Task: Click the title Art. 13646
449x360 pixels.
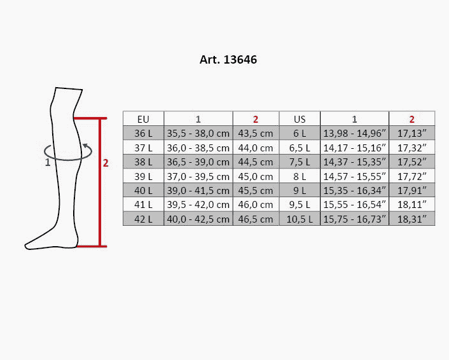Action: click(228, 60)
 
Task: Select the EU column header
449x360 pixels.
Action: click(143, 119)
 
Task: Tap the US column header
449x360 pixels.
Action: click(300, 119)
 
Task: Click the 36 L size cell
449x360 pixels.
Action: click(143, 133)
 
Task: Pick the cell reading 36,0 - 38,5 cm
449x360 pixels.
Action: click(198, 148)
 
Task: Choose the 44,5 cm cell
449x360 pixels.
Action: click(256, 162)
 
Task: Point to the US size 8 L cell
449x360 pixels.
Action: click(300, 176)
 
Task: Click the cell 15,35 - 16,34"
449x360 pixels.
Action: click(354, 190)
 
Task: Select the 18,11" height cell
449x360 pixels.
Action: click(411, 204)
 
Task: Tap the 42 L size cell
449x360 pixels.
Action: click(143, 219)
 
